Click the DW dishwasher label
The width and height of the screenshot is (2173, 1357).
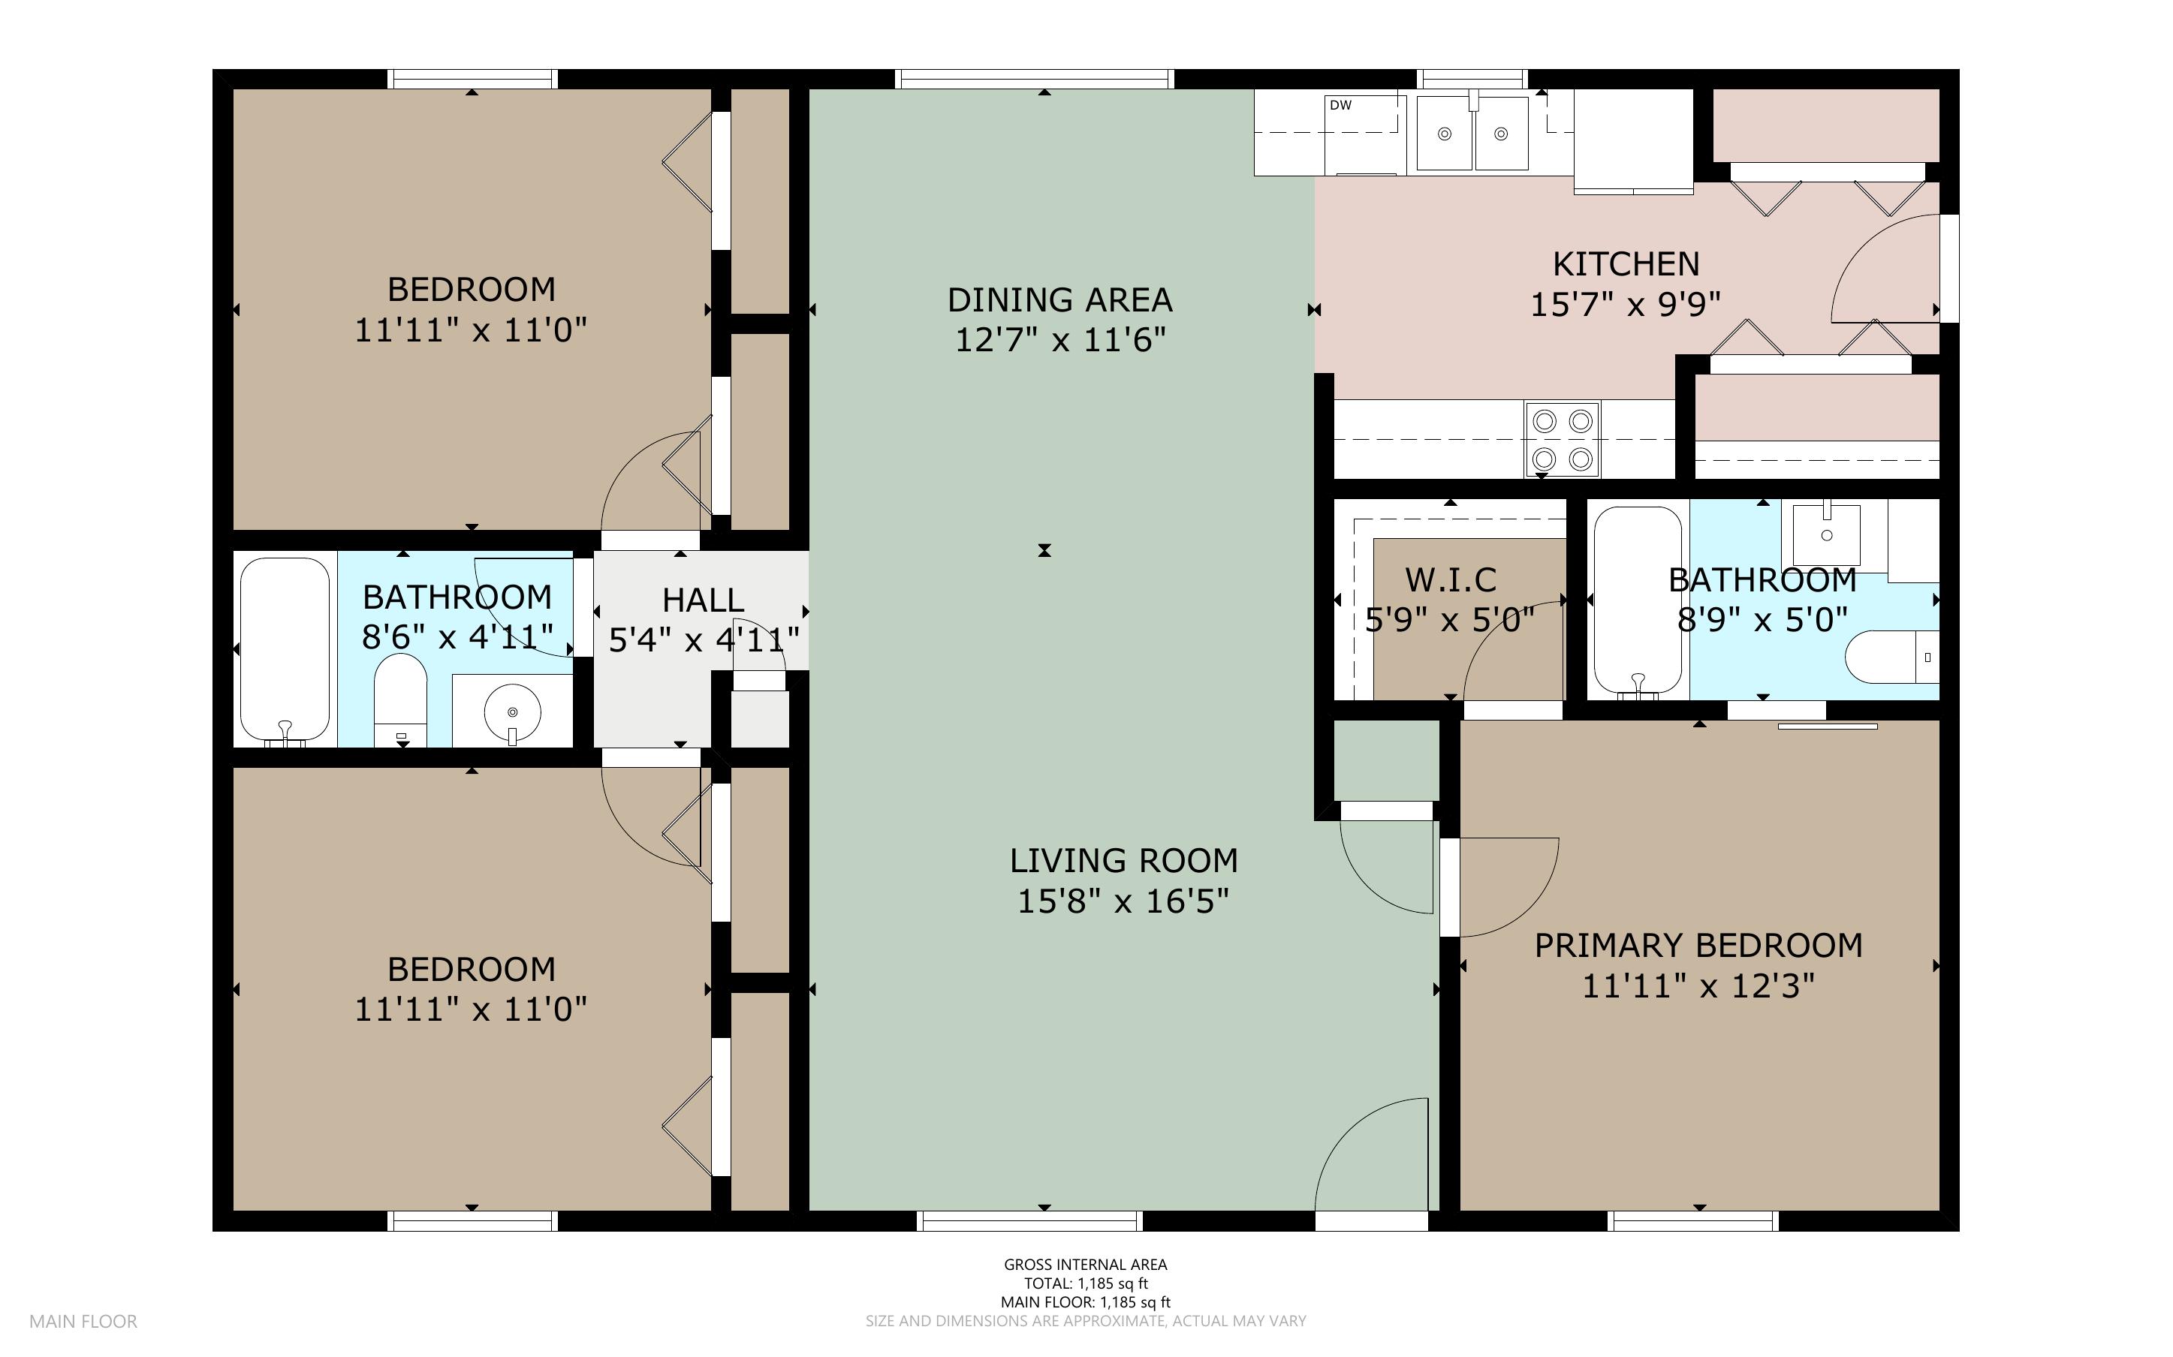(x=1340, y=105)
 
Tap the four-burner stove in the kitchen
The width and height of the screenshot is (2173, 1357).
(x=1562, y=439)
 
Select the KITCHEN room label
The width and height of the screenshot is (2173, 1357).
(x=1626, y=264)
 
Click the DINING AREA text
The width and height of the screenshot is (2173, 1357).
(x=1060, y=299)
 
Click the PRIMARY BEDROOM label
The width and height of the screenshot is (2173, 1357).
(x=1698, y=945)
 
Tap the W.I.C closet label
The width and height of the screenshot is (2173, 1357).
(x=1451, y=579)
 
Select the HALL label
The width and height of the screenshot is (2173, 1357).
(x=703, y=600)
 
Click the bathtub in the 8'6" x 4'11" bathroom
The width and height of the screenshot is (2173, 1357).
(x=285, y=651)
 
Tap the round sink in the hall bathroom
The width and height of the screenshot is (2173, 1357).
(x=513, y=712)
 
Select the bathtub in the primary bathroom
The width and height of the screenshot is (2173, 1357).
(x=1638, y=601)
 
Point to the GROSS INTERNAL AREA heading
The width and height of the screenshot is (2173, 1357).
(x=1085, y=1265)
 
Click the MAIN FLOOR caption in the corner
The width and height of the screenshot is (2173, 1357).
(x=83, y=1321)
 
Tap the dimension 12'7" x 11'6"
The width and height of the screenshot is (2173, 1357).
(x=1060, y=340)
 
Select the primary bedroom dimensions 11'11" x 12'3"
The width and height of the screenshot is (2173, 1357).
(x=1698, y=986)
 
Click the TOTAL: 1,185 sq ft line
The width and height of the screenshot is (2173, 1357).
(x=1085, y=1283)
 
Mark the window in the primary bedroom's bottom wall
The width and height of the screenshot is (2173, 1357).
(x=1692, y=1220)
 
